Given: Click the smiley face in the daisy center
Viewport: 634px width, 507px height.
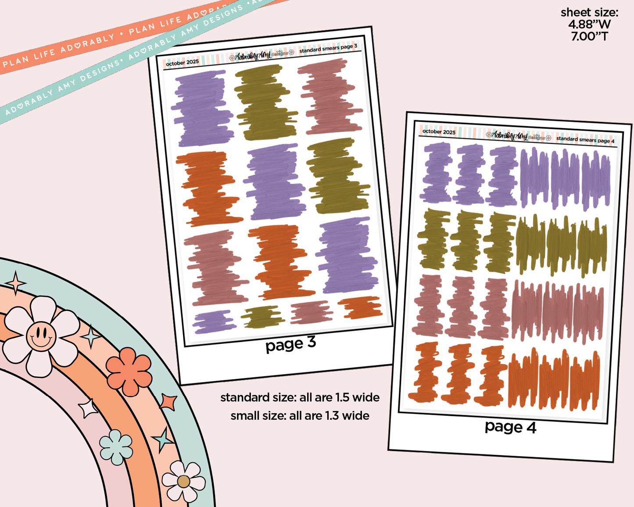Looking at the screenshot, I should click(x=41, y=336).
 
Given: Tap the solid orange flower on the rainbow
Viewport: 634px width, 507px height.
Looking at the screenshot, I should click(x=129, y=371).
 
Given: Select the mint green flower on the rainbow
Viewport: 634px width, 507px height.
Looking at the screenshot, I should click(x=116, y=447).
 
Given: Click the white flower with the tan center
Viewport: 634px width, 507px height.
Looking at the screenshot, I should click(x=183, y=481).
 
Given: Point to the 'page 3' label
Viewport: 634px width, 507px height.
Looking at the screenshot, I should click(x=290, y=344).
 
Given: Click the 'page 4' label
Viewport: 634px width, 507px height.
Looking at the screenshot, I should click(x=510, y=427).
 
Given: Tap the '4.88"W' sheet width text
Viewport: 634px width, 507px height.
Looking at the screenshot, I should click(x=589, y=25).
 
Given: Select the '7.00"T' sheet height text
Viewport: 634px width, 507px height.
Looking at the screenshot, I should click(x=589, y=36).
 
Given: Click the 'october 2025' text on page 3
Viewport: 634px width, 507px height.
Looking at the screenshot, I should click(x=182, y=63).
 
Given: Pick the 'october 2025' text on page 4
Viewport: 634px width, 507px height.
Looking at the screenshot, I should click(x=439, y=132).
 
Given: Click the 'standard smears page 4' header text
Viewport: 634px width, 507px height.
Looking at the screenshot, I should click(x=585, y=140).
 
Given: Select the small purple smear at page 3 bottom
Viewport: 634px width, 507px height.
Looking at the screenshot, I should click(x=213, y=322).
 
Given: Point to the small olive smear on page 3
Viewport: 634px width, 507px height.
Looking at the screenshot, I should click(x=262, y=317).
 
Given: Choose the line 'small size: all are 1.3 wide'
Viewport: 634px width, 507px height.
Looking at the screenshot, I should click(x=300, y=416).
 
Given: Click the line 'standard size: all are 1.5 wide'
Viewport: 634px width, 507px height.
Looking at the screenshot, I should click(x=300, y=398).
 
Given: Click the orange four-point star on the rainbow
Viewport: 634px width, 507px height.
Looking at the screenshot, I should click(x=168, y=402).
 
